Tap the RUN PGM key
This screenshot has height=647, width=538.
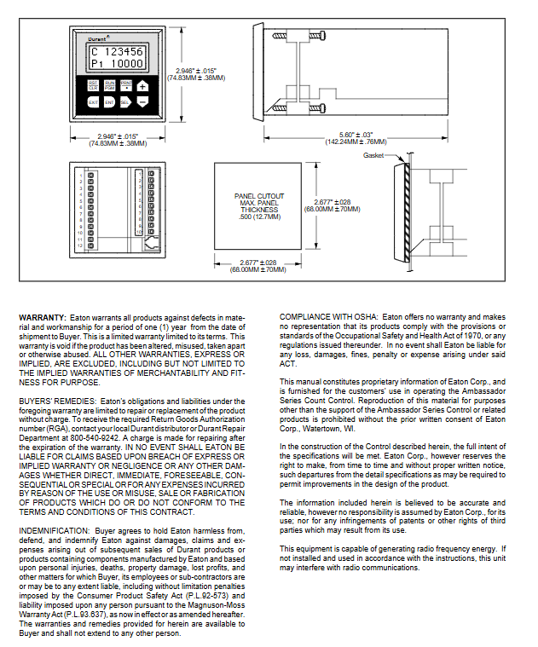click(109, 85)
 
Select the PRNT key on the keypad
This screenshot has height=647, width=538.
click(125, 85)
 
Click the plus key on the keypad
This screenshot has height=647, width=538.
click(142, 85)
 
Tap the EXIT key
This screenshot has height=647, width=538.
click(93, 102)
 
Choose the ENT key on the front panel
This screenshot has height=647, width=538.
click(109, 102)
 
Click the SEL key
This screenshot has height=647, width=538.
click(125, 102)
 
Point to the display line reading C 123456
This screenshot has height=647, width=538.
click(117, 51)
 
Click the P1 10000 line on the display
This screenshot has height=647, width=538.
click(117, 64)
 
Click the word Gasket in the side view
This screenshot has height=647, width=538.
click(373, 156)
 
